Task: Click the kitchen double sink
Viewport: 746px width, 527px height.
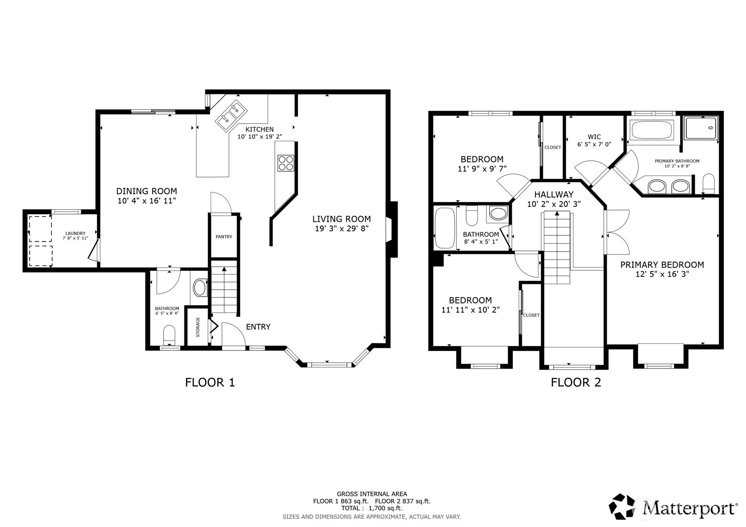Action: click(231, 114)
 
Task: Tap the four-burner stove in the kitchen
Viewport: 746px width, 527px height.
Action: click(285, 163)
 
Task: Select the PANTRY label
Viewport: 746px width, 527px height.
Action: click(224, 237)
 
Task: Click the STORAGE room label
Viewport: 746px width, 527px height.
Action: click(198, 327)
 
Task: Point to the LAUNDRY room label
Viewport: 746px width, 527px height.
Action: click(75, 233)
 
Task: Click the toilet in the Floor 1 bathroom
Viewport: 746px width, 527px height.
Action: click(169, 334)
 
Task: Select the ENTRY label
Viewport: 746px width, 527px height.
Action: click(258, 327)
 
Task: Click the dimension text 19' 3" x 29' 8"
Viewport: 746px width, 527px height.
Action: click(342, 229)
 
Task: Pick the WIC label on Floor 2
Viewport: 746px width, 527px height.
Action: click(594, 137)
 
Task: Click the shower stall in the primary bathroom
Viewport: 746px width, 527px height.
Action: click(701, 128)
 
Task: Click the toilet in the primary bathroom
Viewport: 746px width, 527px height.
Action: click(708, 183)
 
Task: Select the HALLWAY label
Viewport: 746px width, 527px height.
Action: click(553, 194)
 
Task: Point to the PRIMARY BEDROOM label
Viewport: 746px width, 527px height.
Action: click(662, 265)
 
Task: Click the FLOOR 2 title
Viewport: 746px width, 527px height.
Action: click(575, 383)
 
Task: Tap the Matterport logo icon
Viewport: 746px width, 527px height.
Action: click(624, 506)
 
